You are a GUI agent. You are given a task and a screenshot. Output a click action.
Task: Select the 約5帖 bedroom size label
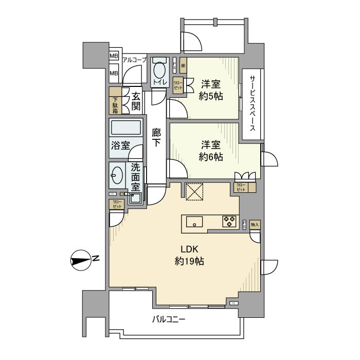pyautogui.click(x=211, y=95)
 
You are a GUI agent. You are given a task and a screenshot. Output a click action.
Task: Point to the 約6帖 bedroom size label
pyautogui.click(x=211, y=157)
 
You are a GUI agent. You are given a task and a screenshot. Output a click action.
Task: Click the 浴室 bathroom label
pyautogui.click(x=120, y=145)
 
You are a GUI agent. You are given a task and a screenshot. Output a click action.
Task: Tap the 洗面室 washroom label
pyautogui.click(x=135, y=176)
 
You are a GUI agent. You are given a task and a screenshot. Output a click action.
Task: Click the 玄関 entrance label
pyautogui.click(x=135, y=101)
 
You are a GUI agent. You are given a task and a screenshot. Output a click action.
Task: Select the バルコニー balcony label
pyautogui.click(x=168, y=319)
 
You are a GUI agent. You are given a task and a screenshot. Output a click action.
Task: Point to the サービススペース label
pyautogui.click(x=253, y=103)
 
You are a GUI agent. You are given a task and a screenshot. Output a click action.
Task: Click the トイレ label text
pyautogui.click(x=159, y=82)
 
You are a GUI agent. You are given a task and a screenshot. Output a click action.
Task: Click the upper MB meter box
pyautogui.click(x=114, y=57)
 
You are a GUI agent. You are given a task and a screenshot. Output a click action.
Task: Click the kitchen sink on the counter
pyautogui.click(x=194, y=222)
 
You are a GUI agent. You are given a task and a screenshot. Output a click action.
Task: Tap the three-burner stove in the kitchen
pyautogui.click(x=229, y=222)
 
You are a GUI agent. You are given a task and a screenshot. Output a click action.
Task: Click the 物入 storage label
pyautogui.click(x=255, y=225)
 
